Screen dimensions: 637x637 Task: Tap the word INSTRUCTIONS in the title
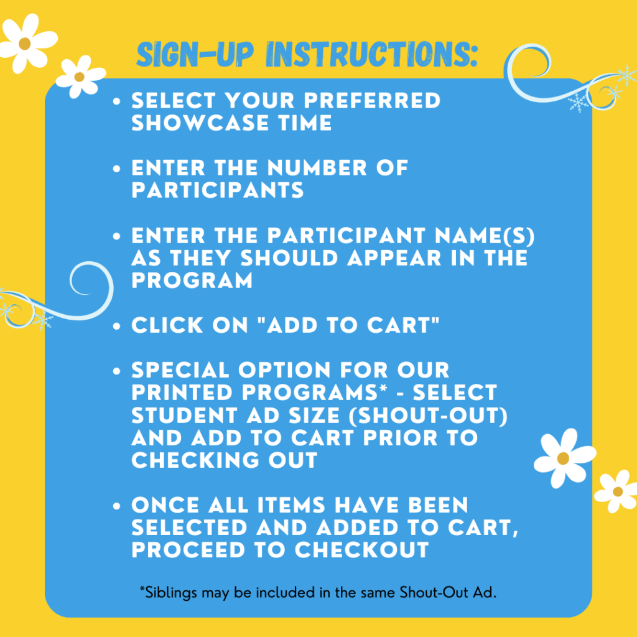pos(371,56)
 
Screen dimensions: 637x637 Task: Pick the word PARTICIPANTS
pos(218,190)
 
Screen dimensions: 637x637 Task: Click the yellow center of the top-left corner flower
pos(24,43)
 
